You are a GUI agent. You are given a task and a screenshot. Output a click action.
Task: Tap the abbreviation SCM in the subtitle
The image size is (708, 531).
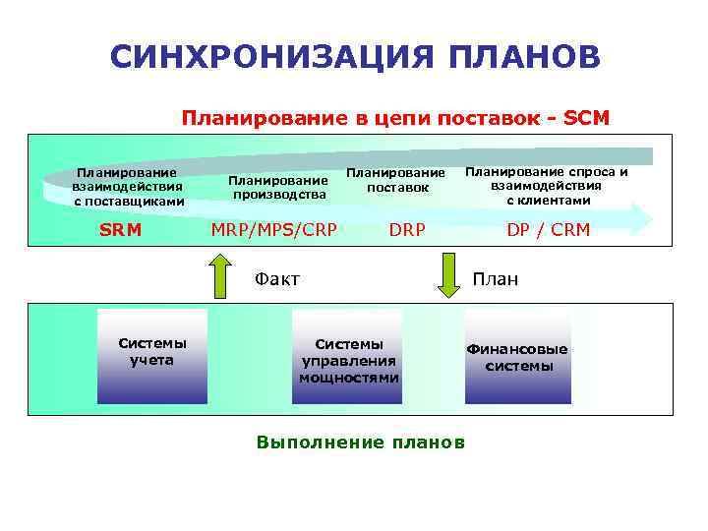(587, 118)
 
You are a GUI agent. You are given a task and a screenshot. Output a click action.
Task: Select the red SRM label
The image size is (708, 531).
(120, 230)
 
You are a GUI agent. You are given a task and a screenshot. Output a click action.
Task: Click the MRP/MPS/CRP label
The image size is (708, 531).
(274, 230)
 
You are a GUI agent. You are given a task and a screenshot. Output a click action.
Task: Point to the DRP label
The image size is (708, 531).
(407, 230)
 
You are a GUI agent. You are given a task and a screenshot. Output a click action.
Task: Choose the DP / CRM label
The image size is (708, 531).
(548, 230)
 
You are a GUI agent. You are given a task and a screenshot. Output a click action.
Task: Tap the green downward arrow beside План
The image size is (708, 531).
(448, 276)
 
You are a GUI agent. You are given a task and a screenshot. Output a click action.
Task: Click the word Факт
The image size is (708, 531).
(277, 279)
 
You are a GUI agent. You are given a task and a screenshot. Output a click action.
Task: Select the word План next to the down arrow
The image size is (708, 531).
(496, 279)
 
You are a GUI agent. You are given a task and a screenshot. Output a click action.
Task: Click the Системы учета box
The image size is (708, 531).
(152, 355)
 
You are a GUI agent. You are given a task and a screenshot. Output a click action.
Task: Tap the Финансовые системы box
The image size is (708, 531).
(517, 358)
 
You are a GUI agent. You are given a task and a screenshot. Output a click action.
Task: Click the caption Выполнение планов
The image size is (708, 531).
(360, 442)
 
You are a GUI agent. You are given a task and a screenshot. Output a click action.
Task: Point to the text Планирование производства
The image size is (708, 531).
(278, 187)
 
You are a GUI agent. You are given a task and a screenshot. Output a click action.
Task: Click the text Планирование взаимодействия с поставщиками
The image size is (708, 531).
(128, 187)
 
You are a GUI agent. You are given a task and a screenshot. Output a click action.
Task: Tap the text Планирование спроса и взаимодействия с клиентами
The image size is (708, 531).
(548, 185)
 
